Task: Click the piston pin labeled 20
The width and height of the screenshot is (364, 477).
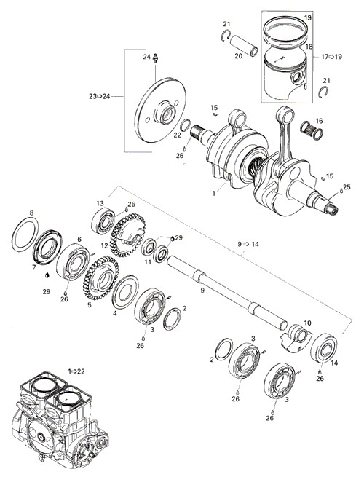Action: pos(243,46)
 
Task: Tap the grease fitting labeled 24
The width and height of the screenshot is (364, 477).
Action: pos(157,58)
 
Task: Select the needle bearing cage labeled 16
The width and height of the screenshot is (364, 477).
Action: pos(312,130)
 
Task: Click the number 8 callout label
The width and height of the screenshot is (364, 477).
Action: pos(31,213)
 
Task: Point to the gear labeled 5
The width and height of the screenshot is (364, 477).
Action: pos(101,277)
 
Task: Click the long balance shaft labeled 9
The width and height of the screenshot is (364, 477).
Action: pos(226,293)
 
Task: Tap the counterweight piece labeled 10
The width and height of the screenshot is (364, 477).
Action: pos(296,339)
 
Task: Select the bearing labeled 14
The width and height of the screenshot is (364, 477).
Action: pos(323,348)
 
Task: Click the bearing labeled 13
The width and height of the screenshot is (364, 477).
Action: pos(103,221)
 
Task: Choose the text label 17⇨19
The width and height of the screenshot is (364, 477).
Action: pos(331,57)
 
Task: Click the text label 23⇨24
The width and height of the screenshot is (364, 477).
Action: pos(98,96)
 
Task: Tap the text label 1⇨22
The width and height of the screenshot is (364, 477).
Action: pos(76,371)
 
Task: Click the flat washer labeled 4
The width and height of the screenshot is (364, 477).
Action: pos(125,292)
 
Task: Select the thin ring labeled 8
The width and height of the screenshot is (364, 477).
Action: pos(25,234)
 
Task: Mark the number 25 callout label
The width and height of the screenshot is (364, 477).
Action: pos(347,186)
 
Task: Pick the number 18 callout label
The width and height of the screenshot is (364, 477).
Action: pos(309,47)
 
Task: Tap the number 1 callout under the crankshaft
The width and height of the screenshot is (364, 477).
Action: pos(214,193)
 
